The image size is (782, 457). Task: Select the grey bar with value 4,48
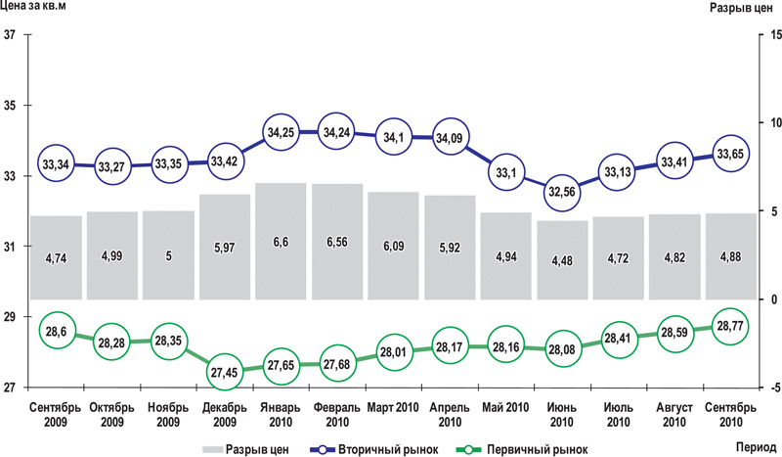point(562,259)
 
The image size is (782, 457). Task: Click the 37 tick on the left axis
point(12,36)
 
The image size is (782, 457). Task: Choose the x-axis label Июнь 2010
point(562,414)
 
